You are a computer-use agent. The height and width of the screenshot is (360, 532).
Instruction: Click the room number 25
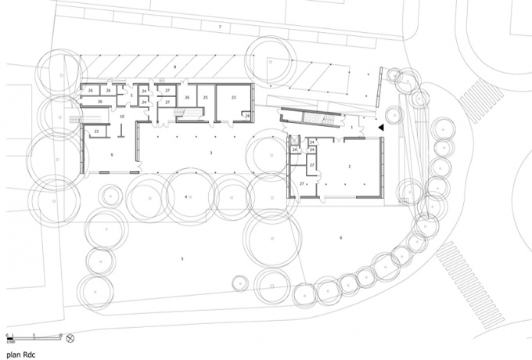pyautogui.click(x=206, y=97)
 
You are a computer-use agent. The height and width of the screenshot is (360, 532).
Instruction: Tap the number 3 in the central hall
pyautogui.click(x=211, y=153)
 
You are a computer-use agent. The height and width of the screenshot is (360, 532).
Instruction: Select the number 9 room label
pyautogui.click(x=113, y=156)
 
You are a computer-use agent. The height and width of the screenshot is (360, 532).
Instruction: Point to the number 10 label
pyautogui.click(x=122, y=116)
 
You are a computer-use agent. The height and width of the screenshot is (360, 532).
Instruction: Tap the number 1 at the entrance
pyautogui.click(x=352, y=125)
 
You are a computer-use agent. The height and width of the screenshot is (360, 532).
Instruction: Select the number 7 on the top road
pyautogui.click(x=220, y=27)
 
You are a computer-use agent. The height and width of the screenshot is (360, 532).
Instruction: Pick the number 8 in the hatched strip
pyautogui.click(x=175, y=68)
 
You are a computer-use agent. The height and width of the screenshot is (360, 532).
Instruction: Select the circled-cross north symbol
pyautogui.click(x=70, y=337)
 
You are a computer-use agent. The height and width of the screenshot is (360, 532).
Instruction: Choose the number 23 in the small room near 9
pyautogui.click(x=97, y=131)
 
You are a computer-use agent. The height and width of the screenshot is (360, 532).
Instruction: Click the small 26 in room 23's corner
pyautogui.click(x=247, y=116)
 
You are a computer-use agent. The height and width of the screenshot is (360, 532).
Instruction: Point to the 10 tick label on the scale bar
pyautogui.click(x=59, y=334)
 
